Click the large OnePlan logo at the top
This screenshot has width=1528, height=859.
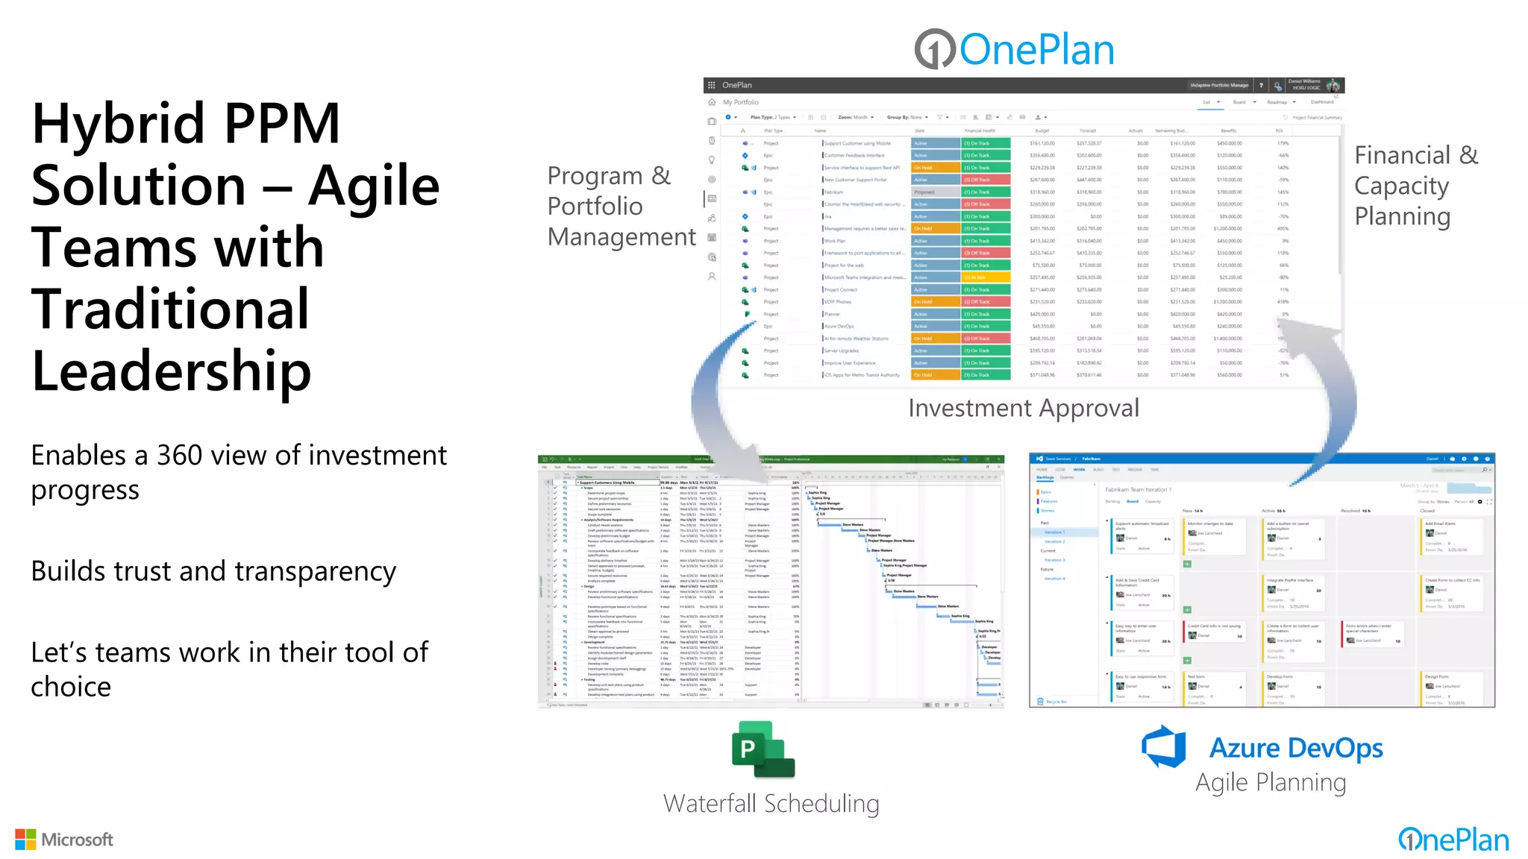1014,49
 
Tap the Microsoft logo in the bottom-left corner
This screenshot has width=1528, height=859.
65,840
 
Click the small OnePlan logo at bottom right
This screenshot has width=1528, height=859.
1453,840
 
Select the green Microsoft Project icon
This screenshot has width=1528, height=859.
763,749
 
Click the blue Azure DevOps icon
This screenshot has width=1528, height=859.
1165,746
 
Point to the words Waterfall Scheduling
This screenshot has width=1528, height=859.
771,804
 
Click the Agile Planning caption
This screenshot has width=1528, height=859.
1271,783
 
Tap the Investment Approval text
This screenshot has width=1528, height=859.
1023,408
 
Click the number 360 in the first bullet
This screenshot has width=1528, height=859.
179,456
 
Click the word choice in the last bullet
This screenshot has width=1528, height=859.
71,687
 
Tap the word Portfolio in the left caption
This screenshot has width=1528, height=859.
595,207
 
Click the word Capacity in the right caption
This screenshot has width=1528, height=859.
1401,186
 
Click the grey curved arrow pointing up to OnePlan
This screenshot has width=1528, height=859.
1332,395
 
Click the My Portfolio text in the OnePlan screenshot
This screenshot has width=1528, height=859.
740,102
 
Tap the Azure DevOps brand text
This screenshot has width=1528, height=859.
1296,748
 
